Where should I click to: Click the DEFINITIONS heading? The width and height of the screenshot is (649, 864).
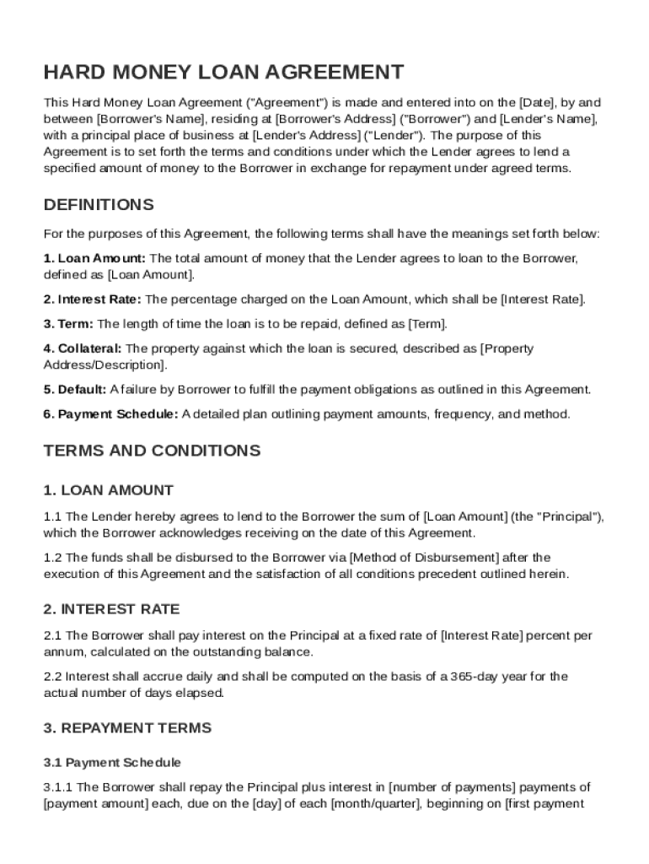click(99, 205)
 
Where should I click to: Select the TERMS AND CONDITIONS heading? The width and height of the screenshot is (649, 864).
click(152, 451)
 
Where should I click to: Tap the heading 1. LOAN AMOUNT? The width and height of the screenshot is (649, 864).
click(108, 490)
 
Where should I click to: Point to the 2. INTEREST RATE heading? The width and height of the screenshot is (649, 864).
click(111, 609)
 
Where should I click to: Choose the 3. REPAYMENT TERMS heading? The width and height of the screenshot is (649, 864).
click(127, 728)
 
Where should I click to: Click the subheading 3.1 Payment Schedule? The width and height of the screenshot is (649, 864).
click(112, 763)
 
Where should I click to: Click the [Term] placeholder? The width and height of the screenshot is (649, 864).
click(426, 324)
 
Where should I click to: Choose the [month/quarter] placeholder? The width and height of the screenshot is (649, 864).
click(375, 804)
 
